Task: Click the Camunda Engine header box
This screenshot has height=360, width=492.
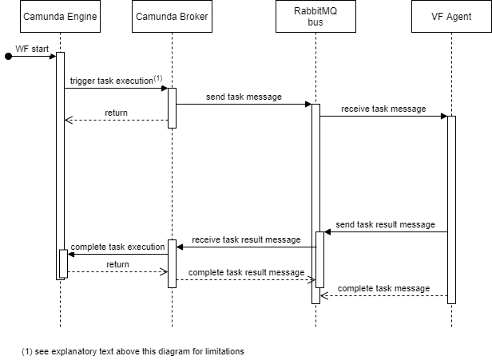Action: pos(60,16)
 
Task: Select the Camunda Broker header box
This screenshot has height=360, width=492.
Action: pos(172,16)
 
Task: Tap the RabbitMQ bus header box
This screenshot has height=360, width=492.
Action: pos(315,16)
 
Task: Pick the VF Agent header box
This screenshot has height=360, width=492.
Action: pos(451,16)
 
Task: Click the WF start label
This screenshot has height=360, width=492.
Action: pos(32,49)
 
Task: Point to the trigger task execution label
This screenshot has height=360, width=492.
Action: pos(112,81)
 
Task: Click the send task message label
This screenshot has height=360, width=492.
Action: pos(244,97)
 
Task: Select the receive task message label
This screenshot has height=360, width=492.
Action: pos(383,109)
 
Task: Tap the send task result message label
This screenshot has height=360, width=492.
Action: pos(385,224)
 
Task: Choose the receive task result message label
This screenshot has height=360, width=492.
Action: pos(246,239)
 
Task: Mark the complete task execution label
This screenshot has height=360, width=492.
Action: pos(117,247)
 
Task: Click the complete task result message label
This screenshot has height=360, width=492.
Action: pos(246,272)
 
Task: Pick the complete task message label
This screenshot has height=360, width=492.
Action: pos(383,287)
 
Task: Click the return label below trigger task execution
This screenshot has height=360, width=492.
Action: pos(116,113)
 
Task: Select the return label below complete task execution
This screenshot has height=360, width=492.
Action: pos(117,264)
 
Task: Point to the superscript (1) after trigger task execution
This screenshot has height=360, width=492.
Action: pos(157,78)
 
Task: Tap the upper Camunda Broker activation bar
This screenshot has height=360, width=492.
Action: pos(172,108)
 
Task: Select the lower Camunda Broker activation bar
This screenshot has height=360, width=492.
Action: pos(172,263)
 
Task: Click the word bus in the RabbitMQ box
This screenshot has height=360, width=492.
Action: pos(315,22)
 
